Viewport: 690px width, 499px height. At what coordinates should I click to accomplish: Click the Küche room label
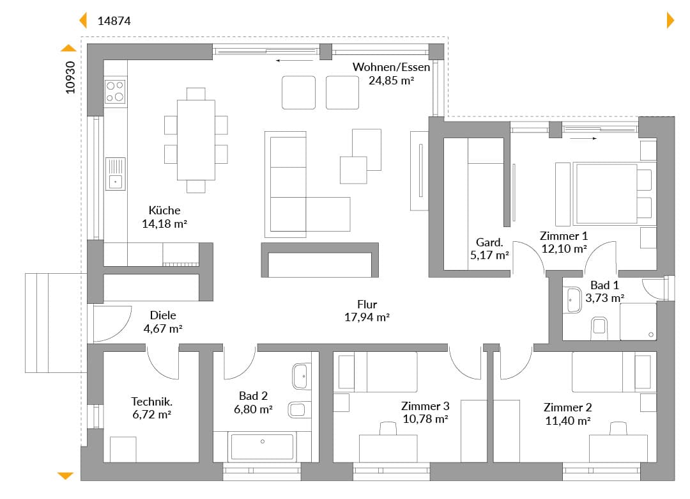pos(164,210)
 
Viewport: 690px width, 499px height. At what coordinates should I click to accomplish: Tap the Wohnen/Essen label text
pos(391,67)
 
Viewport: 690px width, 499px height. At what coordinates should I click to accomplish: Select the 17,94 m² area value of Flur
pos(367,317)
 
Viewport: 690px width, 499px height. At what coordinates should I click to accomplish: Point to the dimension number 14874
pos(114,20)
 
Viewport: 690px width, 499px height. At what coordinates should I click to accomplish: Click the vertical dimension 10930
pos(70,77)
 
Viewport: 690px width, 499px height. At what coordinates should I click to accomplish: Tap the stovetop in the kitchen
pos(115,91)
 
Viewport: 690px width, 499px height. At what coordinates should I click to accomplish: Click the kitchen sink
pos(115,173)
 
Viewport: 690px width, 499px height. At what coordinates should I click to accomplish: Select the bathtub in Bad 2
pos(263,447)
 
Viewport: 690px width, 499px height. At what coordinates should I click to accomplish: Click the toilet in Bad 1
pos(599,328)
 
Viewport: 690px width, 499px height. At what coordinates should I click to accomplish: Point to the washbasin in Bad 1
pos(573,300)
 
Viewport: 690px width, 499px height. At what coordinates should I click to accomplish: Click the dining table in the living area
pos(196,139)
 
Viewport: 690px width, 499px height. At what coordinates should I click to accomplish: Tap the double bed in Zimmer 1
pos(606,194)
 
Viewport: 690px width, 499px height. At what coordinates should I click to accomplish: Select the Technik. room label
pos(151,402)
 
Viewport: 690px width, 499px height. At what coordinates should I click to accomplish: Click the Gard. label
pos(489,242)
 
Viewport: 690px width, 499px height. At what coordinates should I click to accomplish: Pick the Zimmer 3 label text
pos(425,406)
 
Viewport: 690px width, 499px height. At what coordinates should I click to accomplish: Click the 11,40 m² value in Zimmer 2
pos(568,421)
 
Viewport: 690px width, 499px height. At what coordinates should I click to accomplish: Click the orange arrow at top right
pos(671,20)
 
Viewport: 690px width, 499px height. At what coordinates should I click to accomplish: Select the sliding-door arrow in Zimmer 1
pos(583,138)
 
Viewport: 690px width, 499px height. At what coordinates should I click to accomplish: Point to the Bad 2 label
pos(253,396)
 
